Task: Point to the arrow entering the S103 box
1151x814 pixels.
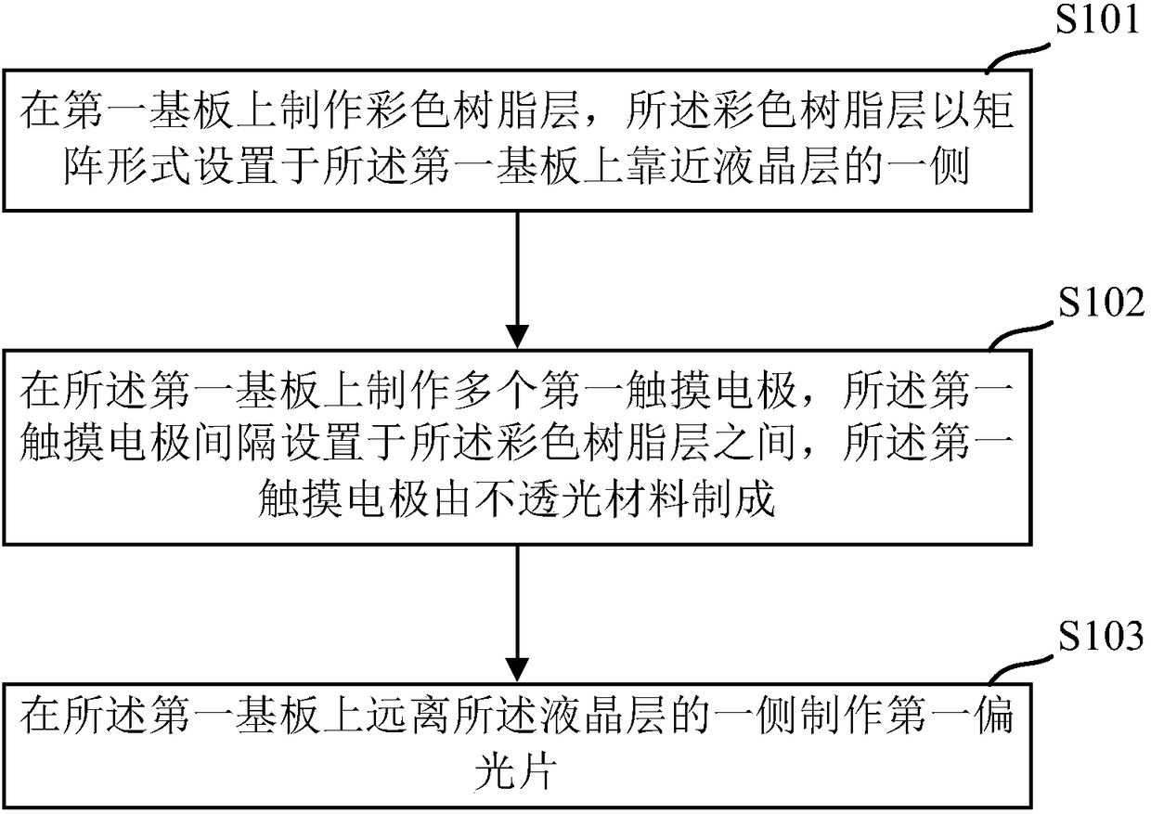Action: coord(517,613)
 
